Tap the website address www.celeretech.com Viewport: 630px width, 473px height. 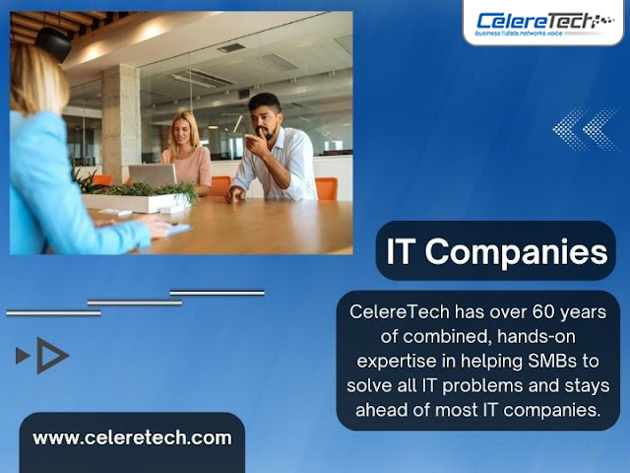click(132, 438)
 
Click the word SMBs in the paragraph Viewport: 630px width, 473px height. click(556, 361)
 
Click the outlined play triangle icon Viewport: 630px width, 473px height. click(50, 356)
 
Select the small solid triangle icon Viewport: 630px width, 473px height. click(23, 356)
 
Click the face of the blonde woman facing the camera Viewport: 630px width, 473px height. click(183, 130)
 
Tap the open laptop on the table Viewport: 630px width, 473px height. click(154, 175)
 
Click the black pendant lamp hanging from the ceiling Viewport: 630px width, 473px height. click(53, 43)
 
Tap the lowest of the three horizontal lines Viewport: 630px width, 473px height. click(53, 312)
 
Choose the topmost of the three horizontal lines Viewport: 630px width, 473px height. click(217, 293)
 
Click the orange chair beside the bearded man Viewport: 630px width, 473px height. click(326, 188)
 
